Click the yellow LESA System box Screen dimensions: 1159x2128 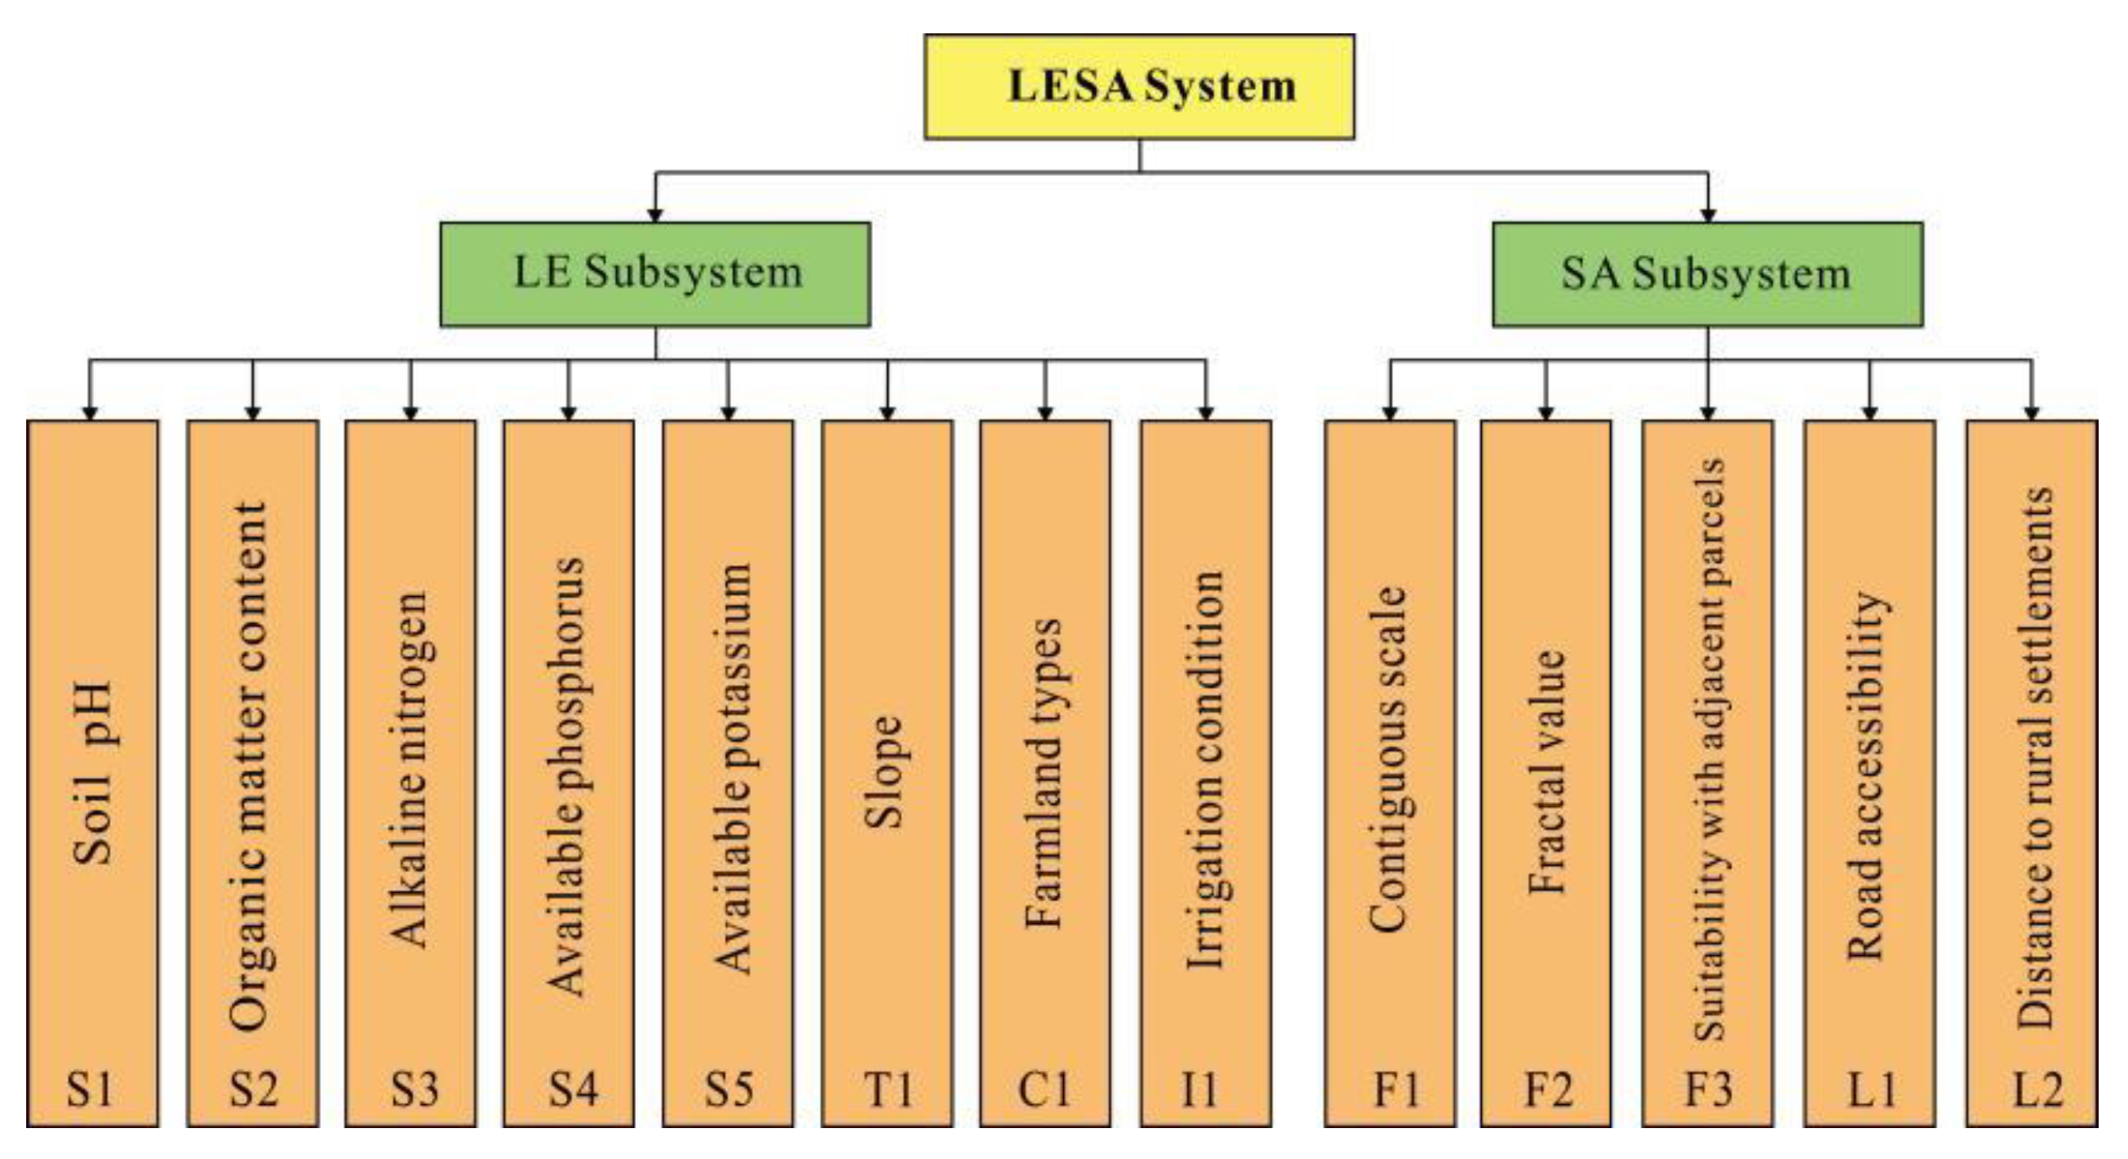(x=1139, y=86)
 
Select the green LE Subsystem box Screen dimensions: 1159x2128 (x=655, y=273)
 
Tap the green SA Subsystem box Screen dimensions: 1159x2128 (x=1707, y=273)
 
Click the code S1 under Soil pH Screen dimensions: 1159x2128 (x=90, y=1088)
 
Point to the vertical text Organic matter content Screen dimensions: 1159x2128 (x=251, y=767)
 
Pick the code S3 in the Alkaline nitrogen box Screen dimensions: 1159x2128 (x=414, y=1088)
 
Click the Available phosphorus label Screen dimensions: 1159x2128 (x=568, y=777)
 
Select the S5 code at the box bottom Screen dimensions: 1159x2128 (x=728, y=1088)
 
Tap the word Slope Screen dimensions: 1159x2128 (x=884, y=772)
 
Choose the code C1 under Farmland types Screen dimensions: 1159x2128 (x=1044, y=1088)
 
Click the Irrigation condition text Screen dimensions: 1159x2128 (x=1205, y=768)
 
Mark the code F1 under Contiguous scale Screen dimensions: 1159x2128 (x=1396, y=1088)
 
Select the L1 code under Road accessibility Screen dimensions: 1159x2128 (x=1871, y=1088)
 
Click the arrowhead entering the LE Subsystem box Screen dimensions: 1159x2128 (x=655, y=215)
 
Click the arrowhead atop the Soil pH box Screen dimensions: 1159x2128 (x=90, y=413)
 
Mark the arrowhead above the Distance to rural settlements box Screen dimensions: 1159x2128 (x=2032, y=413)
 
